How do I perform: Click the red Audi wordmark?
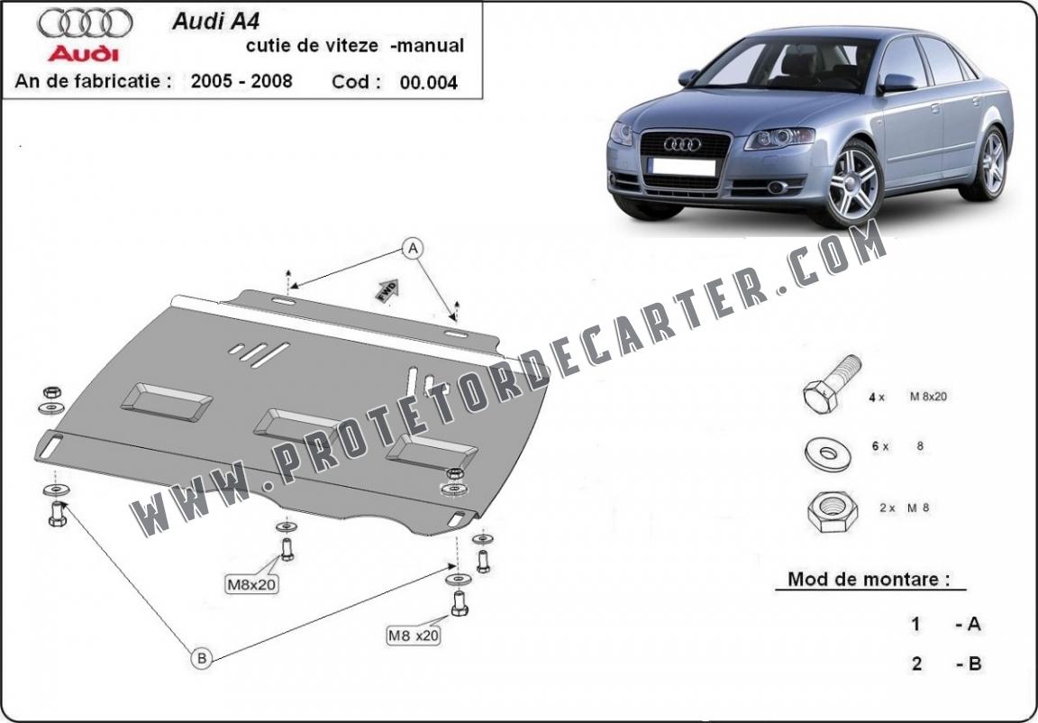tap(84, 51)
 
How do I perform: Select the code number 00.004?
tap(429, 83)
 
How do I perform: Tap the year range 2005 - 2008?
tap(241, 81)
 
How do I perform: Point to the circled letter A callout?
tap(413, 247)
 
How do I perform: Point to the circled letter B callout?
tap(201, 659)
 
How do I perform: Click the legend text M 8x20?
tap(928, 397)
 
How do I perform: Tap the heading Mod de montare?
tap(869, 579)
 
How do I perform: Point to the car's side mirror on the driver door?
tap(897, 83)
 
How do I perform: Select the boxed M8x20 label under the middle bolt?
tap(251, 584)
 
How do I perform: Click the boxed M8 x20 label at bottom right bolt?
tap(414, 636)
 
